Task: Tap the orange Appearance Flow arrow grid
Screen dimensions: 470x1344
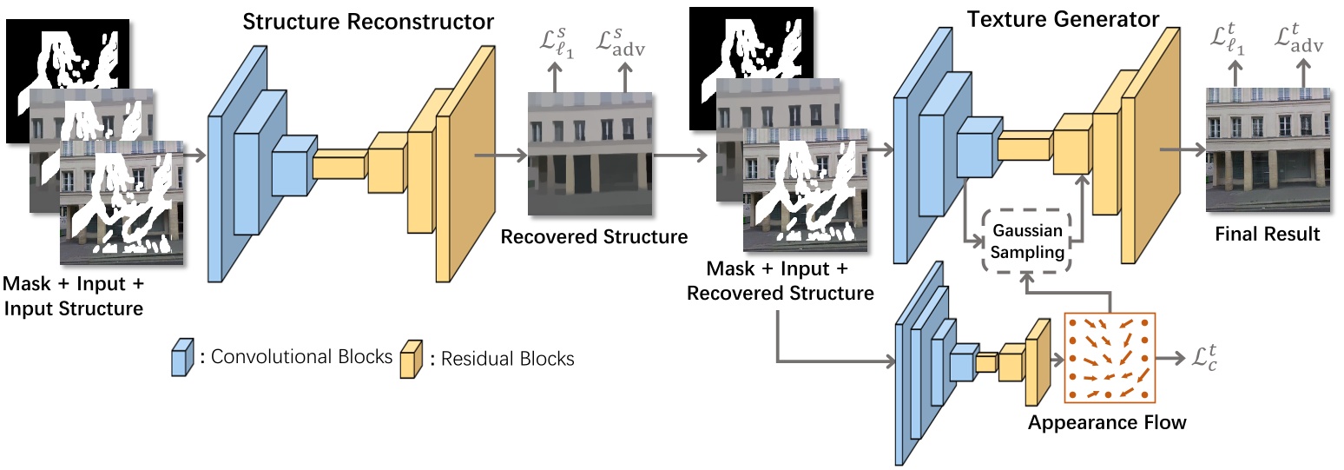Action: [x=1108, y=357]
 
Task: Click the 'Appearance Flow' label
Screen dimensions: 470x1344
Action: [x=1106, y=423]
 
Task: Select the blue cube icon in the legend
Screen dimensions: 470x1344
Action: [x=181, y=358]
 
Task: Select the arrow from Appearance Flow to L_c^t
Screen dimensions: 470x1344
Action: [x=1169, y=357]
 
